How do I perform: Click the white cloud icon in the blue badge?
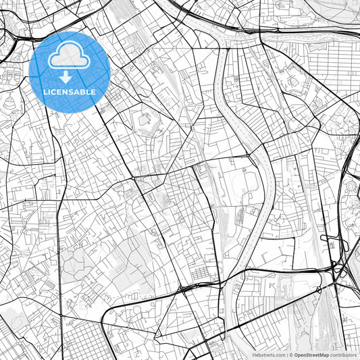(69, 57)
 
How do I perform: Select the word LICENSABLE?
(69, 92)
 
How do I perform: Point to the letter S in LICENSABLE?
(73, 92)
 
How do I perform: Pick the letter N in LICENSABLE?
(67, 92)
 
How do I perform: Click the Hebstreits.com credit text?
(269, 355)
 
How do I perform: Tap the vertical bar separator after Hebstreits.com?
(286, 355)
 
